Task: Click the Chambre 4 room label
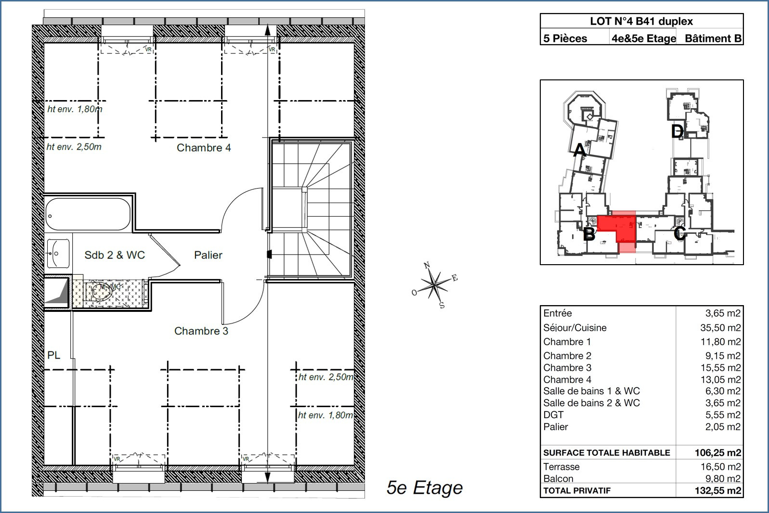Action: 204,148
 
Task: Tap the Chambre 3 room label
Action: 201,331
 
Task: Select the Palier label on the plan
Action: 208,255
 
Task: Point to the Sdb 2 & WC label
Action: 115,255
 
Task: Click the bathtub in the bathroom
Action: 88,214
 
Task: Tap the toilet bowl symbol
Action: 102,293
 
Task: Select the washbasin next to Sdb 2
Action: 58,254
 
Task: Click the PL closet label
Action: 53,355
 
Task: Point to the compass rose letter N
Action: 427,265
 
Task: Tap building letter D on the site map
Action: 678,131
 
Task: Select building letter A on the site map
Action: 580,150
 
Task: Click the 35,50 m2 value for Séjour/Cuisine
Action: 720,328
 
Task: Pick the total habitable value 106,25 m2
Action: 718,453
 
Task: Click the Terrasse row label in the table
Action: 561,467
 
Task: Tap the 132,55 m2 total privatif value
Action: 718,491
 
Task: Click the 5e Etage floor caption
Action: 425,487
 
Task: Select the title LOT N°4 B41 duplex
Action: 641,21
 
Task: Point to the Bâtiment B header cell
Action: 713,38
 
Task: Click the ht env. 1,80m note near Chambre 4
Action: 75,109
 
